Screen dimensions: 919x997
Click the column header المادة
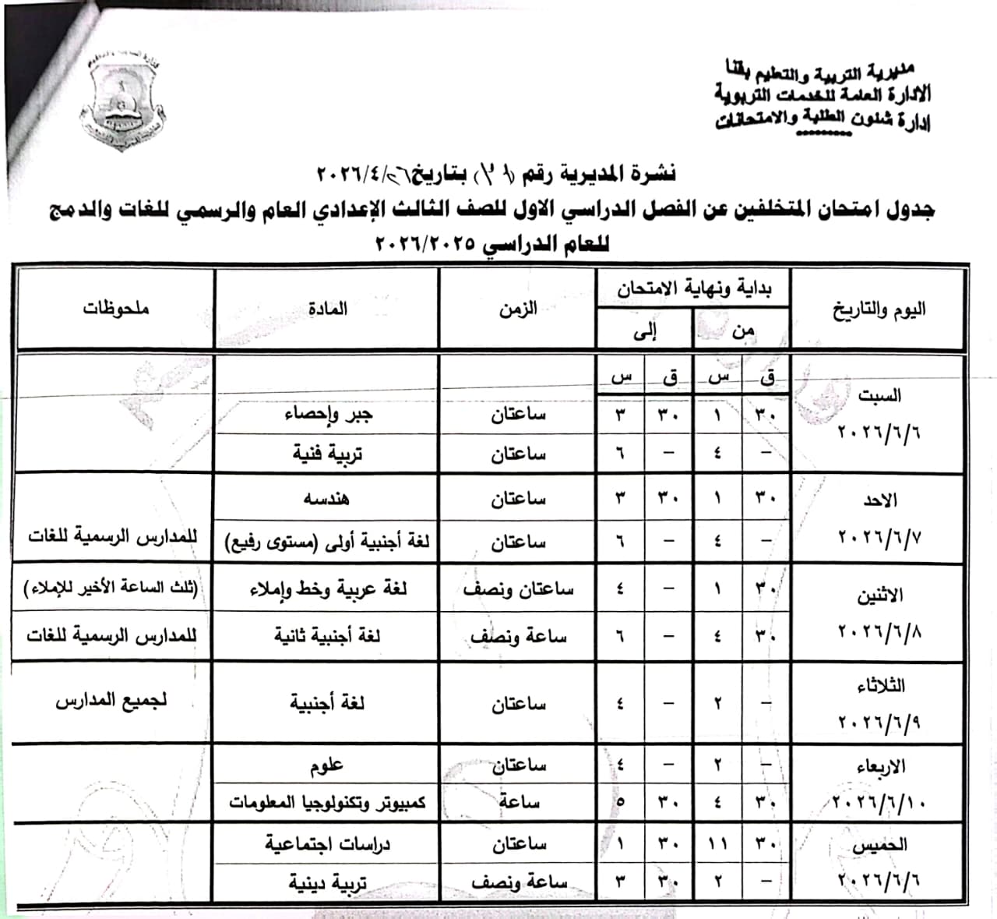tap(327, 309)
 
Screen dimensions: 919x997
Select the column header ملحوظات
tap(115, 309)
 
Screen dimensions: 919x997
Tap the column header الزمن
tap(518, 309)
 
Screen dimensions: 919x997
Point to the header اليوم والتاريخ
tap(879, 309)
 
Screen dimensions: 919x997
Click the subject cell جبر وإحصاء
tap(328, 414)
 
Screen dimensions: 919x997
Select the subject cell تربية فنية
tap(328, 453)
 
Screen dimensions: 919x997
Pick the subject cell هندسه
tap(327, 497)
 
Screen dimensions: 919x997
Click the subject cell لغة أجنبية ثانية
tap(327, 636)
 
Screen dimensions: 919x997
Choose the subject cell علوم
tap(327, 766)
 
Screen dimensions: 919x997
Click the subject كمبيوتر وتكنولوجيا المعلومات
tap(327, 802)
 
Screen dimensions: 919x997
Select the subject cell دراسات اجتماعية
tap(327, 844)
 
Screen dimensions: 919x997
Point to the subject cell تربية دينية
tap(327, 883)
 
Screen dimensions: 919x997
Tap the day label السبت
tap(879, 395)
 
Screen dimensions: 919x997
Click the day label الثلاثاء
tap(879, 686)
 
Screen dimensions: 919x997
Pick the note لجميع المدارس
tap(111, 701)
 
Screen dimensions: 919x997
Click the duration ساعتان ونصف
tap(518, 589)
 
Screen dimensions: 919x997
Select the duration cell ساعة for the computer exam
tap(518, 802)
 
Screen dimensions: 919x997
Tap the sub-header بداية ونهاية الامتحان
tap(693, 288)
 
